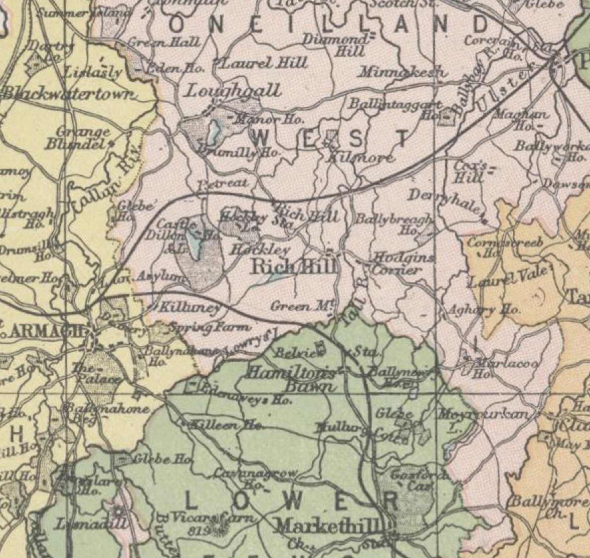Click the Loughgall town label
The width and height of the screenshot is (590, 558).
click(233, 91)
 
